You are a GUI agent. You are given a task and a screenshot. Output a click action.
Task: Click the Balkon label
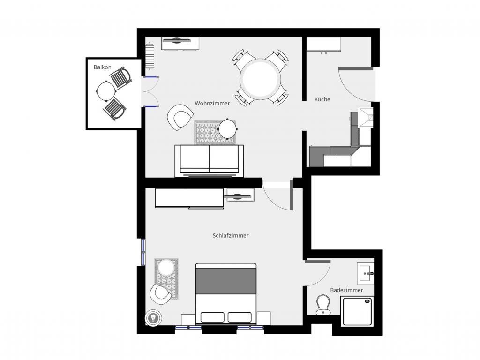103,67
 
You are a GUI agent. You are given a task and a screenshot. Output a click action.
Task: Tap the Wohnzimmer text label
212,104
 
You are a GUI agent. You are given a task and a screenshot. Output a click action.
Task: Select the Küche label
322,99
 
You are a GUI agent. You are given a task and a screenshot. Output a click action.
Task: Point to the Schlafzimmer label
231,235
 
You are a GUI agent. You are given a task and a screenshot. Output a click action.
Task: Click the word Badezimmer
346,290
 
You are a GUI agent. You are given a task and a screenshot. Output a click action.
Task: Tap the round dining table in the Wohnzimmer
260,79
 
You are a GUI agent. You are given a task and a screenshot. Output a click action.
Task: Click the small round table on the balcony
106,91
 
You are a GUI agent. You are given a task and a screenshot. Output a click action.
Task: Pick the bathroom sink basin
365,273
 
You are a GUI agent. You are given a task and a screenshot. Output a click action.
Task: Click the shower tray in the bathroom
358,312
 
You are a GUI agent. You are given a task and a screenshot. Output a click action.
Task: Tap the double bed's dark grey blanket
226,281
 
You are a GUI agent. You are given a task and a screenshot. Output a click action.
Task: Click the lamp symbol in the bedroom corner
152,318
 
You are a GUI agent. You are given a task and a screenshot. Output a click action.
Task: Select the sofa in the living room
209,160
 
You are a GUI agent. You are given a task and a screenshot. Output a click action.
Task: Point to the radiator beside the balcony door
150,56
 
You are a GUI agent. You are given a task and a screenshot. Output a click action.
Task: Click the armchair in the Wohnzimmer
180,117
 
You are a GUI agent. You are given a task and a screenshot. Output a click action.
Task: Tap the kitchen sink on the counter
366,117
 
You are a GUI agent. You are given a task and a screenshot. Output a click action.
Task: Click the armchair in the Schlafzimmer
160,294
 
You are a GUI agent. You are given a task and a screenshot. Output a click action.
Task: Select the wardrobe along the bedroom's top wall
189,199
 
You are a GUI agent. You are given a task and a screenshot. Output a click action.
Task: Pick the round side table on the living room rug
227,129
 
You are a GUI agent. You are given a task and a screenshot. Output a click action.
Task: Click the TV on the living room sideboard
176,40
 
